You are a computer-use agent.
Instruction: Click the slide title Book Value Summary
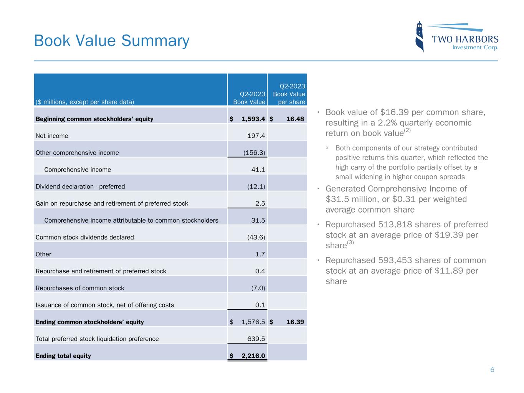[112, 41]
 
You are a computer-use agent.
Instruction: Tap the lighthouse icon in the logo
[420, 36]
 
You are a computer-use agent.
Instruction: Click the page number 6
[492, 370]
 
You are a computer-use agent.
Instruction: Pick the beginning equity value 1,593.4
[253, 119]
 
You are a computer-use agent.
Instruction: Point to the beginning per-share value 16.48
[295, 119]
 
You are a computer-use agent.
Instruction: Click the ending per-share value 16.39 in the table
[295, 322]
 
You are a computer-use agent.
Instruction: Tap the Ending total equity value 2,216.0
[253, 356]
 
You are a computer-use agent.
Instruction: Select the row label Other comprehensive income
[77, 153]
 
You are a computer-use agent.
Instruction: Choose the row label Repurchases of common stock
[80, 288]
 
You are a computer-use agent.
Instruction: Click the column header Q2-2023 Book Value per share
[289, 94]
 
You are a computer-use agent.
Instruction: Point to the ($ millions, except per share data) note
[85, 102]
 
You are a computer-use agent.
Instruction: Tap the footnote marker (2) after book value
[407, 130]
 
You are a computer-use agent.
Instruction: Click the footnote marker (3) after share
[350, 243]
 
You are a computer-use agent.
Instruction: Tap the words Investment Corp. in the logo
[475, 48]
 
